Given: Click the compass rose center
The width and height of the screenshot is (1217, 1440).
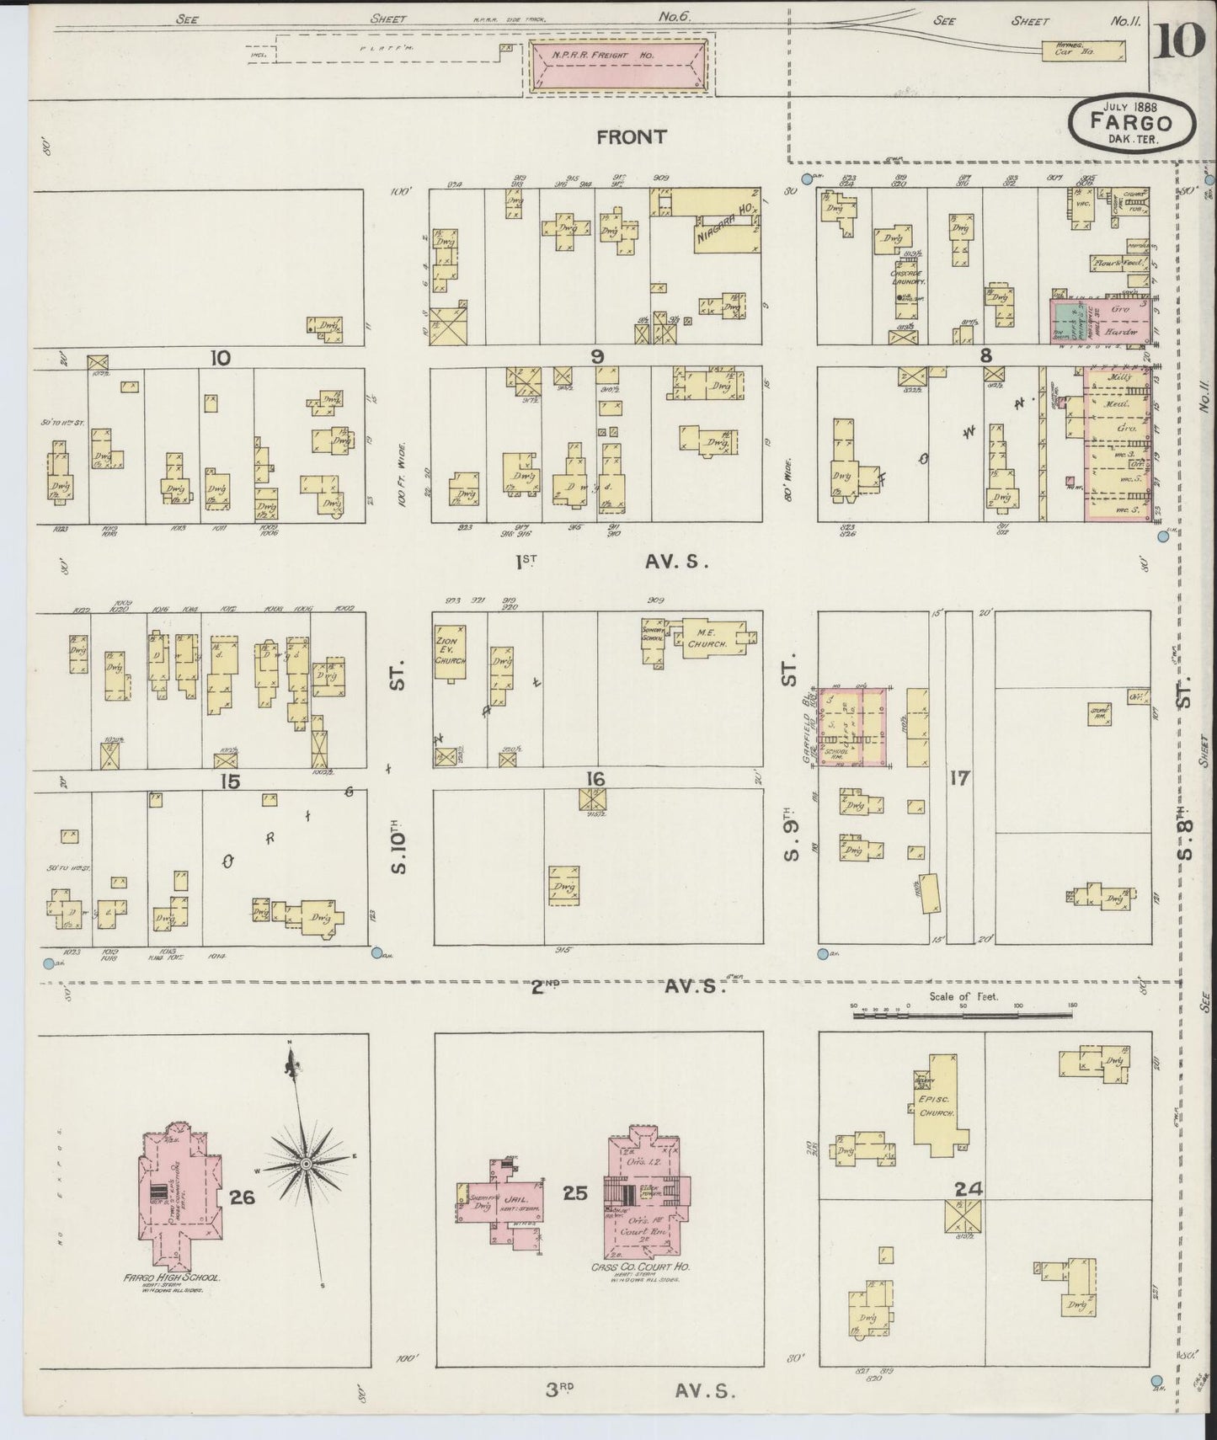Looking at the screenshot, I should (x=307, y=1164).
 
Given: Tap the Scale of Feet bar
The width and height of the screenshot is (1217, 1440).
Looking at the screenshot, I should (x=963, y=1016).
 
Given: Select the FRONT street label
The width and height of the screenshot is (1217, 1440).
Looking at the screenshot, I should (x=631, y=136).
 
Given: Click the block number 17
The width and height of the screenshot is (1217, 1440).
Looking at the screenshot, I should (x=959, y=777).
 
